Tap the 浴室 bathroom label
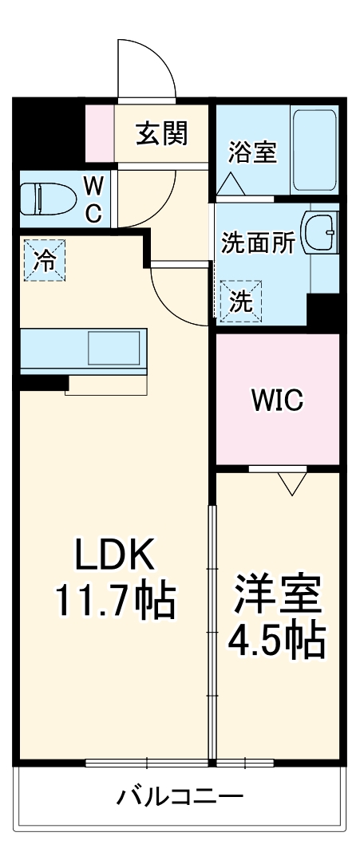(x=252, y=152)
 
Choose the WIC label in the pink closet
(x=277, y=400)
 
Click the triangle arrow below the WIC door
(x=292, y=483)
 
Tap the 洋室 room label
(x=277, y=594)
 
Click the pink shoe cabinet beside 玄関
(x=100, y=134)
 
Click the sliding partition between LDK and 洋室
(x=212, y=630)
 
